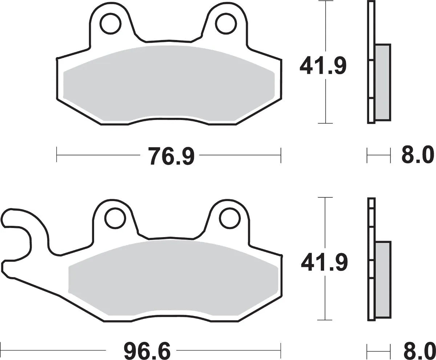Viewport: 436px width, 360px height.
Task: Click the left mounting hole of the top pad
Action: [x=110, y=24]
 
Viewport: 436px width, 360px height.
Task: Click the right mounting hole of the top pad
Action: [x=225, y=24]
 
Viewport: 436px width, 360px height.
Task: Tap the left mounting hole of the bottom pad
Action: [x=115, y=219]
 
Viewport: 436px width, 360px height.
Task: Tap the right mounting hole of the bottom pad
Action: [x=230, y=219]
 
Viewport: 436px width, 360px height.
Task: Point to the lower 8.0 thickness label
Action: [x=418, y=351]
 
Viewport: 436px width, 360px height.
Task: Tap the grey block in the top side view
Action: [x=383, y=82]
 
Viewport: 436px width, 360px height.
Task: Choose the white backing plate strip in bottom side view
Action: [x=371, y=259]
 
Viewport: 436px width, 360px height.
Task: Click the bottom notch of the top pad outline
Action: [x=168, y=120]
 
